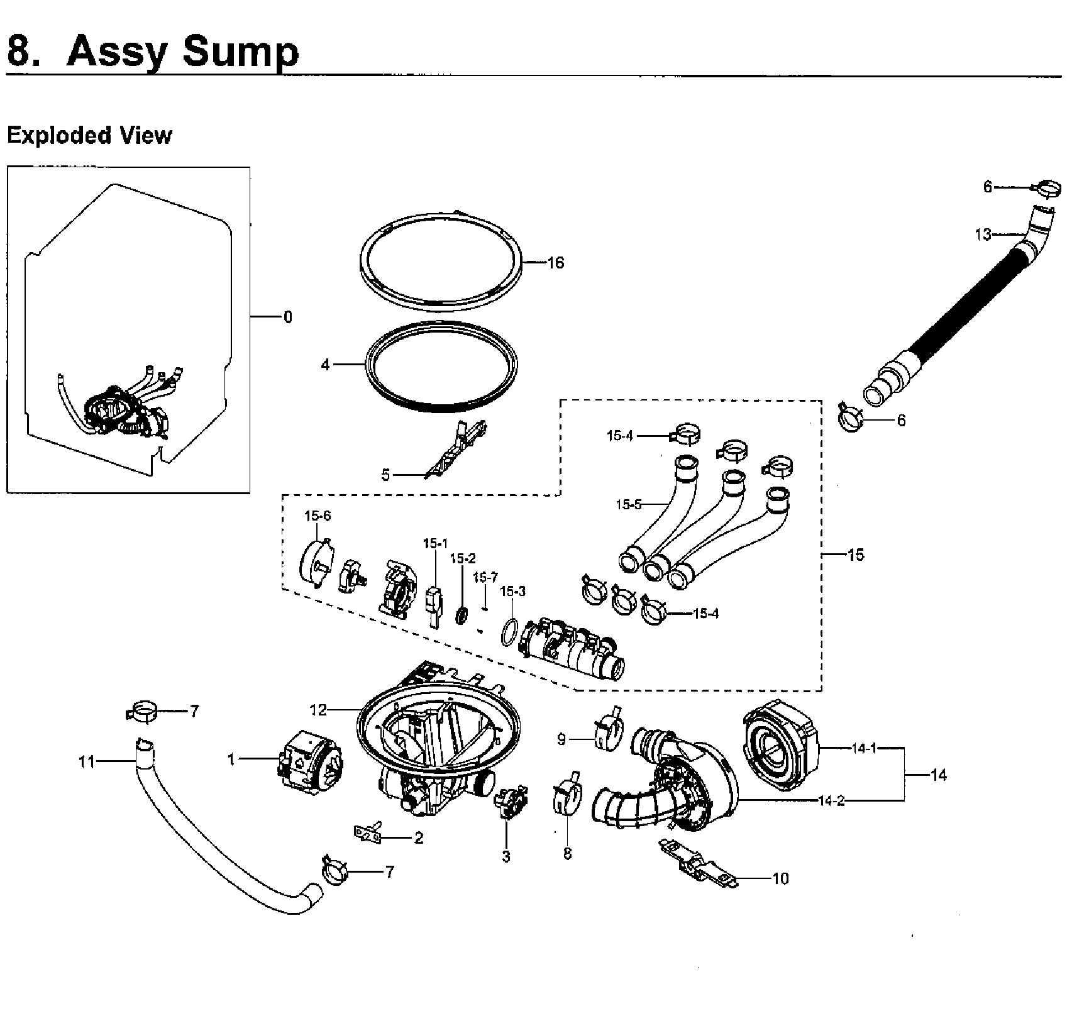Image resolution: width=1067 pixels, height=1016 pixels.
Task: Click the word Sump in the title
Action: tap(240, 52)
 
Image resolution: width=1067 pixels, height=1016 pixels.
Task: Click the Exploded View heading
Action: tap(89, 135)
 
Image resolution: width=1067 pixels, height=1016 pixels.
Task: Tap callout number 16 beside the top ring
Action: tap(556, 263)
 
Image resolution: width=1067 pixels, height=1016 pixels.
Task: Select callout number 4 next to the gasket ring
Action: tap(325, 365)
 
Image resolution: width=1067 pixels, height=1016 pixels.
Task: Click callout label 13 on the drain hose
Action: tap(982, 235)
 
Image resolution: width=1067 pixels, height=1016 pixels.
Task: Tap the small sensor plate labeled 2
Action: tap(368, 833)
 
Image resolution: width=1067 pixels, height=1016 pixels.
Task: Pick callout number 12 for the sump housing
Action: tap(318, 710)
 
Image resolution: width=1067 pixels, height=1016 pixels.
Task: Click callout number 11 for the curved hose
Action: tap(86, 762)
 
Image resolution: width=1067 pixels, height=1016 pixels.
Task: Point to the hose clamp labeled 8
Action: tap(565, 797)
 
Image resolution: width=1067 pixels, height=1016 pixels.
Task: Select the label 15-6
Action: tap(318, 516)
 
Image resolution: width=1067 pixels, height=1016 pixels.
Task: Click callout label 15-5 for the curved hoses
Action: tap(628, 504)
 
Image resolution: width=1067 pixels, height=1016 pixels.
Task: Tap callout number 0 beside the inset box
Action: tap(288, 317)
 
